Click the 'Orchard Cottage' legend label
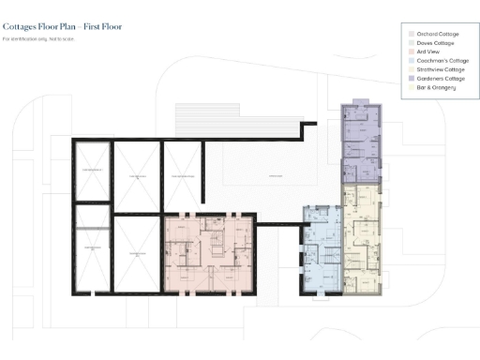click(435, 34)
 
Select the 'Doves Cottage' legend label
click(434, 42)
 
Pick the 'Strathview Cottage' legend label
click(440, 69)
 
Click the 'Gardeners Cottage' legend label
click(440, 78)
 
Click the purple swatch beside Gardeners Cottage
click(410, 78)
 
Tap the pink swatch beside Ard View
click(410, 52)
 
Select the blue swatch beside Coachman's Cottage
click(410, 60)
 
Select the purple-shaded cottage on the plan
click(360, 145)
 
